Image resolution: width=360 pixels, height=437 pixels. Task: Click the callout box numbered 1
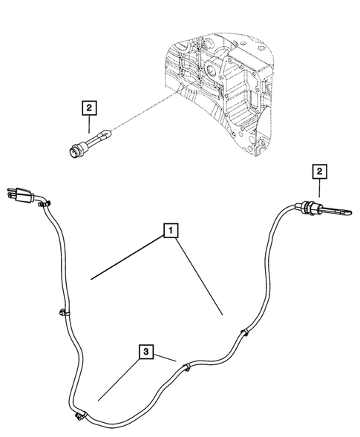coord(171,232)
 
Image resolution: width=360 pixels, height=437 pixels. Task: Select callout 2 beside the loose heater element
coord(88,108)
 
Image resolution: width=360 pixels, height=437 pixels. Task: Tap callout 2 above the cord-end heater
coord(319,172)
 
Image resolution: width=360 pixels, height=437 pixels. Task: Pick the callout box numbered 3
coord(147,350)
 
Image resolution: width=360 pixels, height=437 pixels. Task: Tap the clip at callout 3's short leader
coord(186,365)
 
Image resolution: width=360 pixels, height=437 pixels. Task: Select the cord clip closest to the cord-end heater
coord(243,333)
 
